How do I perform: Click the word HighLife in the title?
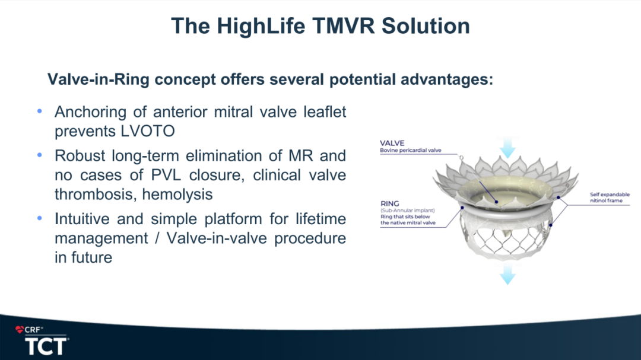point(261,26)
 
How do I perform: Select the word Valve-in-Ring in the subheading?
point(99,79)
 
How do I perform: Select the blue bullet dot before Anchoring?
point(40,111)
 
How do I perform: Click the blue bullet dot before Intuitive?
point(40,218)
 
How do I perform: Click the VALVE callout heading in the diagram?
point(392,143)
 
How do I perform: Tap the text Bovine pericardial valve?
point(411,151)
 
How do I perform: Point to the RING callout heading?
point(389,203)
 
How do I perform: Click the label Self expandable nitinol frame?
point(610,197)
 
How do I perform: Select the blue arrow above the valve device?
point(507,147)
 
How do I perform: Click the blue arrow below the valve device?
point(507,274)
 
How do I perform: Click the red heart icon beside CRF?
point(20,329)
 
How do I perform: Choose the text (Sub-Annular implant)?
point(408,211)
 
